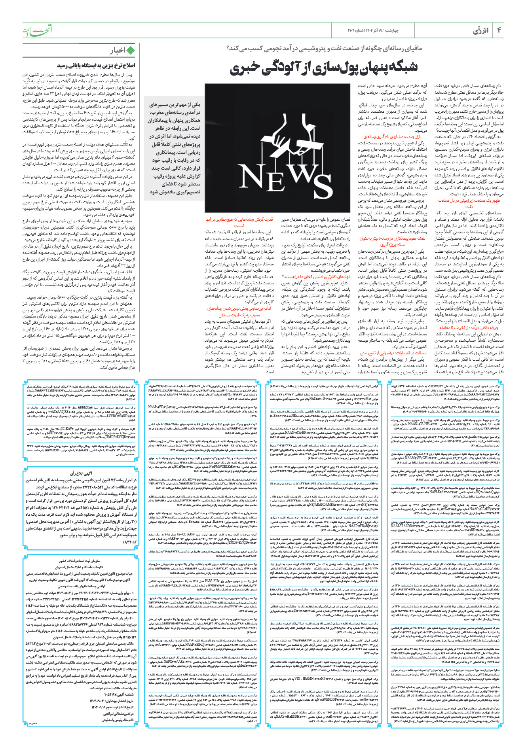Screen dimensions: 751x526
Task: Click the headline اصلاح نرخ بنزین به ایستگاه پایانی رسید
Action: (96, 65)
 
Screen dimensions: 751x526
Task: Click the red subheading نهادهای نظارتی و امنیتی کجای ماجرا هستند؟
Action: (316, 277)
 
